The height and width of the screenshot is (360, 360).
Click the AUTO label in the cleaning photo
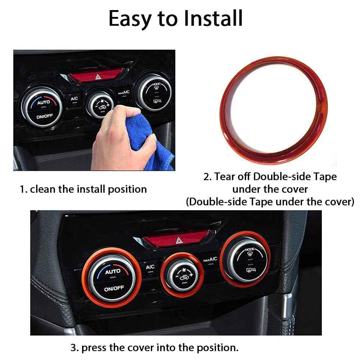coord(43,102)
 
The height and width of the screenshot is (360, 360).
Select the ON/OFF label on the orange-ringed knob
coord(114,288)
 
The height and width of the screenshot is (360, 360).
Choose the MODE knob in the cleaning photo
coord(154,93)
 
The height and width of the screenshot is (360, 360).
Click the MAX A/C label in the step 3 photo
coord(210,259)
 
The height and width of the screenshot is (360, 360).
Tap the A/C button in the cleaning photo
coord(74,99)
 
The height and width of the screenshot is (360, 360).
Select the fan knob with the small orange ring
coord(182,274)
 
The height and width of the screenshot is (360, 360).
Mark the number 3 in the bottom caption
coord(73,348)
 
